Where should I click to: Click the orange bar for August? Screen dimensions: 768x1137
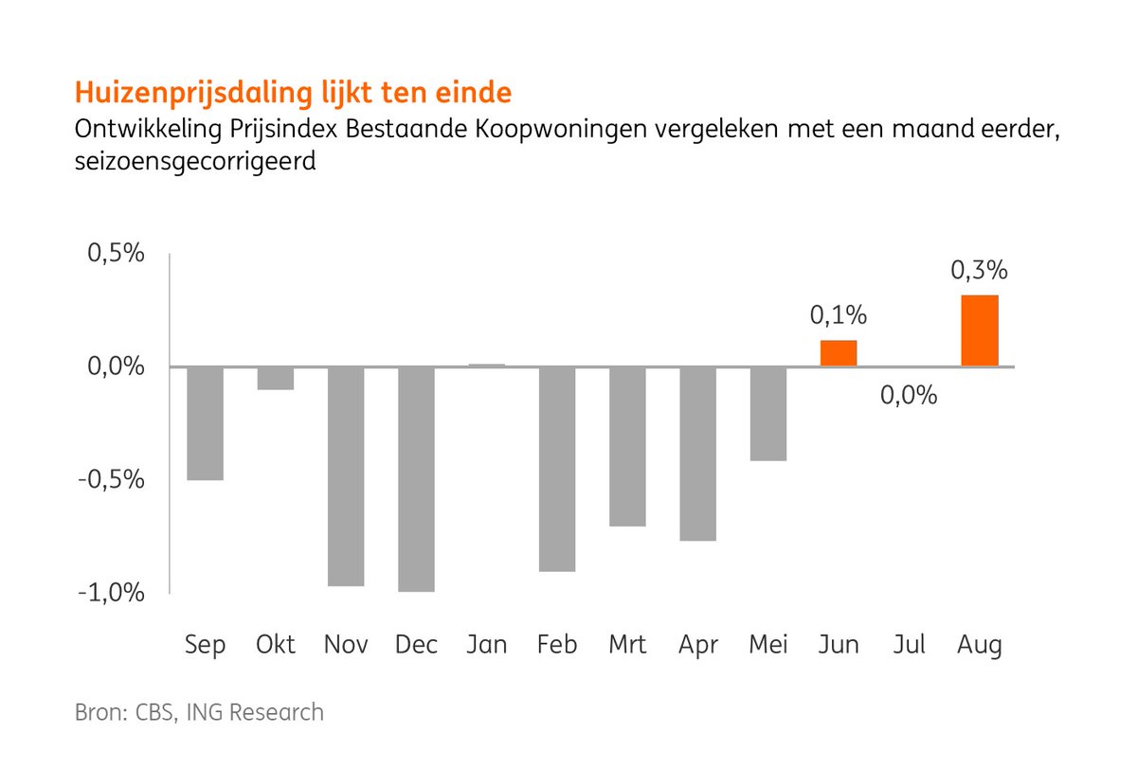(x=979, y=331)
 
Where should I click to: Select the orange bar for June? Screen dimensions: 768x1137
(x=839, y=353)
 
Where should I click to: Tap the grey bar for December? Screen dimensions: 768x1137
(x=416, y=479)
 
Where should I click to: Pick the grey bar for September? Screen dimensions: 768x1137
(x=205, y=423)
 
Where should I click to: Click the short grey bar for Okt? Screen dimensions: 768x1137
(x=276, y=378)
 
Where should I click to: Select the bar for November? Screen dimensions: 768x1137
(x=346, y=476)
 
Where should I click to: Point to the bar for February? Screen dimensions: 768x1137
(x=557, y=469)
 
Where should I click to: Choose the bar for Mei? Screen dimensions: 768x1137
(x=768, y=414)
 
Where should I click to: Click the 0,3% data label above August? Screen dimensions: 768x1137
(x=979, y=271)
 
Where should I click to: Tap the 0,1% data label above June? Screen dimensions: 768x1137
(x=838, y=314)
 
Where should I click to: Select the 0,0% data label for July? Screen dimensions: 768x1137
(x=909, y=395)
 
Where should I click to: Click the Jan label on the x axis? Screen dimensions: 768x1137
(x=486, y=645)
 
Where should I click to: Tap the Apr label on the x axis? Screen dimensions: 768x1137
(x=697, y=645)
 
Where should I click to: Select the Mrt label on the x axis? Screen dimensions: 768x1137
(x=627, y=645)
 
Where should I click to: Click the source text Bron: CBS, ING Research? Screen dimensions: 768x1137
(x=199, y=712)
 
